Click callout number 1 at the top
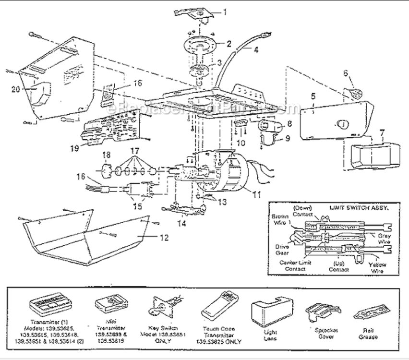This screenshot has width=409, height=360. (227, 11)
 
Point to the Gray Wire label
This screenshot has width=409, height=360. (384, 240)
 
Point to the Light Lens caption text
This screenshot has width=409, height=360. (270, 335)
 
